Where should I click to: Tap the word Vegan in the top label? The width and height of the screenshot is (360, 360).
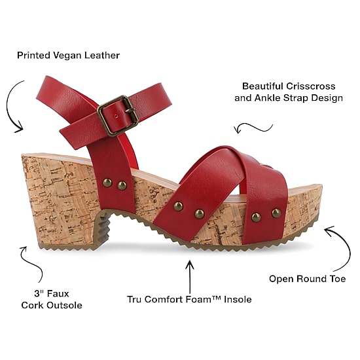click(x=67, y=56)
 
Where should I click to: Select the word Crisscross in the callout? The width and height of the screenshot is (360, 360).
click(x=311, y=86)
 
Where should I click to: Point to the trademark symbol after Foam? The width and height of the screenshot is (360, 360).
click(x=218, y=298)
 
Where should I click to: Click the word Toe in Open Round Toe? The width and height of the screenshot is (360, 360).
click(x=337, y=279)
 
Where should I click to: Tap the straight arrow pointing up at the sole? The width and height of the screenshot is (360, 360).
click(x=190, y=277)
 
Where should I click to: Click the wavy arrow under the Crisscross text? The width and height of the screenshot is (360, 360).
click(x=253, y=128)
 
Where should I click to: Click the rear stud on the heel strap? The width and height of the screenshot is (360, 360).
click(x=107, y=183)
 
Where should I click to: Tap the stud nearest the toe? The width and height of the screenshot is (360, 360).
click(x=276, y=213)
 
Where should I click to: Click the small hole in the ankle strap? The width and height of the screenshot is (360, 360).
click(x=116, y=116)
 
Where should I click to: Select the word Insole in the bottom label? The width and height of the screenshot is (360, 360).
click(x=238, y=299)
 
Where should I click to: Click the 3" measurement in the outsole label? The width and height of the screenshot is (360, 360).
click(x=39, y=293)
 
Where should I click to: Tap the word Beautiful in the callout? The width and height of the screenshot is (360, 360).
click(x=262, y=86)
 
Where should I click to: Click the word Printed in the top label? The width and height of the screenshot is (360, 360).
click(x=33, y=56)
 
